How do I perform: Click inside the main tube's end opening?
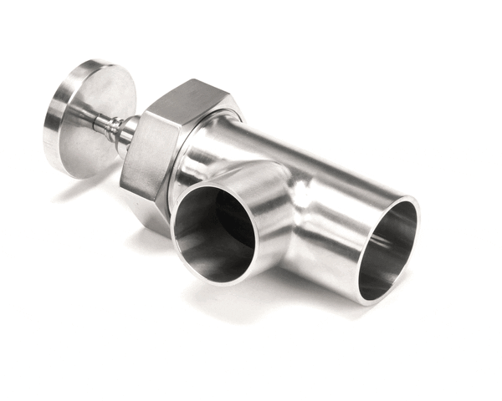[393, 251]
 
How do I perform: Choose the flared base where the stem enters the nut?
[130, 134]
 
